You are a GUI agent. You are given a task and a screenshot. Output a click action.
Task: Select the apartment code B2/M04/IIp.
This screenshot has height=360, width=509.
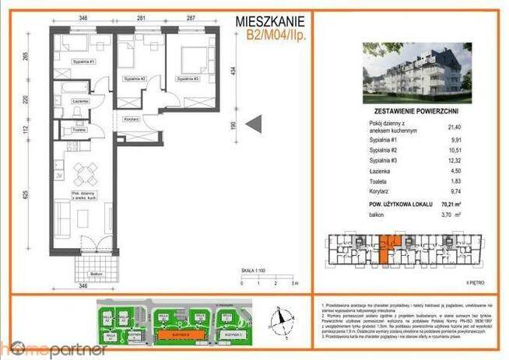tap(273, 34)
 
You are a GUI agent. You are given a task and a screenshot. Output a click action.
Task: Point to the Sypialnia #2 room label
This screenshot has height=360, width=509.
tap(135, 79)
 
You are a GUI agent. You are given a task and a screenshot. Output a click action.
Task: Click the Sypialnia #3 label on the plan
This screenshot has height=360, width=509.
tap(188, 79)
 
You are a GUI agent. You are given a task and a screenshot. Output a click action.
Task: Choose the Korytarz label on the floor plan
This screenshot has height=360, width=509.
tap(130, 119)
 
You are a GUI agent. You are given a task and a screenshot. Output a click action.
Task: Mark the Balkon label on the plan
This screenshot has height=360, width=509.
tap(96, 274)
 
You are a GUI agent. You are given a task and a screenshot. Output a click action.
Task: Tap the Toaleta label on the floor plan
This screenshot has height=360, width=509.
tap(79, 131)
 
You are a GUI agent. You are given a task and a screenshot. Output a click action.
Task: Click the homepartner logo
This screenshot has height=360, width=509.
tap(53, 348)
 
